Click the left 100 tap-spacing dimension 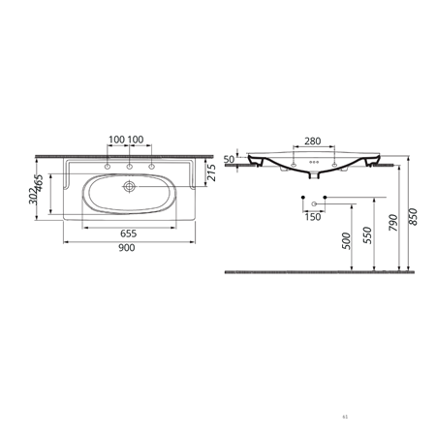[117, 140]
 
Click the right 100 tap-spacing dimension [138, 140]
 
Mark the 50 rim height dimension [230, 159]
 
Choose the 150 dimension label [313, 217]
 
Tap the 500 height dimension [347, 240]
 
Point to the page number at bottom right [345, 418]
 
